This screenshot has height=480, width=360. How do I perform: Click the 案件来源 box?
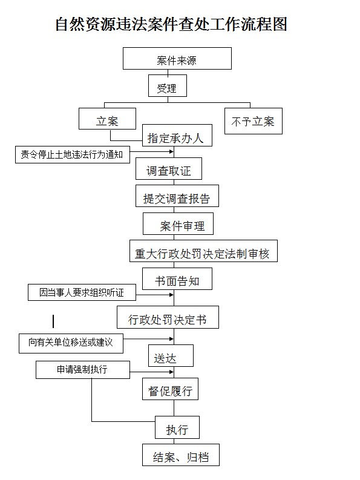[177, 58]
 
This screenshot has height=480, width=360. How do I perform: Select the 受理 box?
[168, 86]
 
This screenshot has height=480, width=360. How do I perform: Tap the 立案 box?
[108, 119]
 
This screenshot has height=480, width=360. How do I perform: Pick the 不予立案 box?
[254, 121]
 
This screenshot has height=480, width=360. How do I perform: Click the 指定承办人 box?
[177, 136]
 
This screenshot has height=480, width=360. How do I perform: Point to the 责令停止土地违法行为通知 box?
[73, 154]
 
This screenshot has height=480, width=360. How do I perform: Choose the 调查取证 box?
[169, 169]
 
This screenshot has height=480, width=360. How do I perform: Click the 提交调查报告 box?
[177, 196]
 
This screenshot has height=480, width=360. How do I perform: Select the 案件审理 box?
[178, 224]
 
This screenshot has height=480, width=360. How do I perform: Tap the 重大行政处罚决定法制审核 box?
[203, 251]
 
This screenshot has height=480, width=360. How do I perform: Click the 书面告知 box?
[177, 279]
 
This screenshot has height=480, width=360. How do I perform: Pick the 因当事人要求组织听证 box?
[82, 292]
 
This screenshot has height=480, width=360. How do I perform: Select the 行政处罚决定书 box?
[168, 317]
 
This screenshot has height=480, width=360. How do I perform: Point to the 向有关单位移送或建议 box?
[71, 343]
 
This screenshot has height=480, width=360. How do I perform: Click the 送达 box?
[171, 356]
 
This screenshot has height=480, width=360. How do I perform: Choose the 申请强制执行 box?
[83, 370]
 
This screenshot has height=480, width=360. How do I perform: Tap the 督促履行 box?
[170, 389]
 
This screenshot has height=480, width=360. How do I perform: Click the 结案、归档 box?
[181, 455]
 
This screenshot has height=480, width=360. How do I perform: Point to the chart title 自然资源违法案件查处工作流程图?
[171, 24]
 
